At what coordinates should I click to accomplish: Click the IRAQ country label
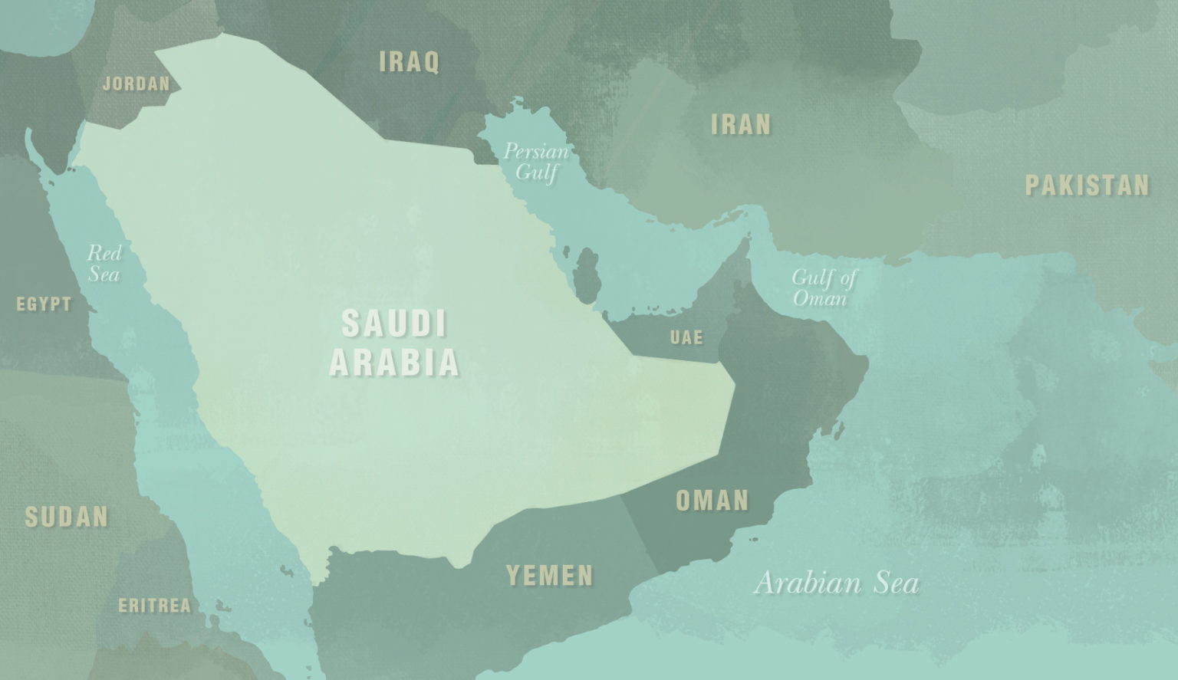click(410, 62)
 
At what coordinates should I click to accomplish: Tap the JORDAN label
click(137, 84)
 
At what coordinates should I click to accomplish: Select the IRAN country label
click(741, 124)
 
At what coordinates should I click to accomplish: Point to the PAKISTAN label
click(1087, 185)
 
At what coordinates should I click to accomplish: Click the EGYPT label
click(44, 304)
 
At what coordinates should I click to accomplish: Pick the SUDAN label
click(67, 517)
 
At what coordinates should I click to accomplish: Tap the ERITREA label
click(154, 606)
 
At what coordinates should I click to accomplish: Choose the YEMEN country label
click(549, 575)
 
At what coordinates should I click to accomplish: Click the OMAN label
click(712, 501)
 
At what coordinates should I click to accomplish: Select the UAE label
click(686, 337)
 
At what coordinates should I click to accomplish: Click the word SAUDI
click(394, 324)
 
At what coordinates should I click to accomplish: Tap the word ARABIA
click(394, 363)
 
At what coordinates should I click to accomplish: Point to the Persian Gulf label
click(536, 161)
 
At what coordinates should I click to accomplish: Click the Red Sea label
click(104, 262)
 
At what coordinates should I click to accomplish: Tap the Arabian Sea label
click(836, 583)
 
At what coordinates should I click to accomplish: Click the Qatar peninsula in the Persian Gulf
click(587, 274)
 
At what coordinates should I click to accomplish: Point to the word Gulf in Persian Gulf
click(536, 172)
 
